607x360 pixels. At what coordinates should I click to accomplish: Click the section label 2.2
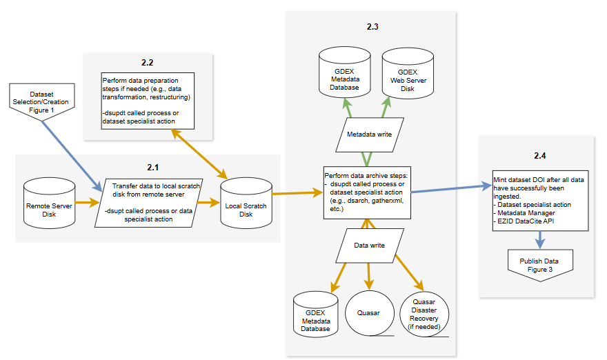pyautogui.click(x=147, y=63)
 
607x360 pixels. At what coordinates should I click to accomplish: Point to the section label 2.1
pyautogui.click(x=152, y=167)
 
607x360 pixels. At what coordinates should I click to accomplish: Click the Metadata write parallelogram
pyautogui.click(x=370, y=134)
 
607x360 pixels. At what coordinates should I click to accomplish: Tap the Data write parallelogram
pyautogui.click(x=370, y=245)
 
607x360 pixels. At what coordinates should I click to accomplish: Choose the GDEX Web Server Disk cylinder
pyautogui.click(x=407, y=76)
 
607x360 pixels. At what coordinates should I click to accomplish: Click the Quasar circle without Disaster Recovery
pyautogui.click(x=369, y=312)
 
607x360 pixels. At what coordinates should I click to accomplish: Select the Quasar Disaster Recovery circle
pyautogui.click(x=424, y=314)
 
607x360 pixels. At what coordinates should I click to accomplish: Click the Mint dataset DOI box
pyautogui.click(x=539, y=198)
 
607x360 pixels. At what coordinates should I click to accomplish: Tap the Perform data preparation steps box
pyautogui.click(x=148, y=99)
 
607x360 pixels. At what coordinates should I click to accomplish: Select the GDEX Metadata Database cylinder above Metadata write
pyautogui.click(x=342, y=76)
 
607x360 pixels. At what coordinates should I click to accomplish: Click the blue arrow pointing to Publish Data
pyautogui.click(x=539, y=238)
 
